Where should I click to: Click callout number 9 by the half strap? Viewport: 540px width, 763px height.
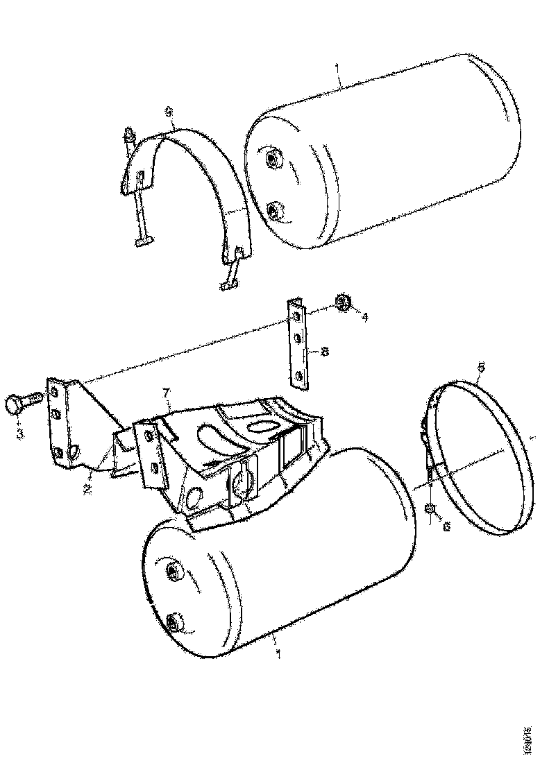[168, 112]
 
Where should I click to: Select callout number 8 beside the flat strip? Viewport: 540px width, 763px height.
[324, 352]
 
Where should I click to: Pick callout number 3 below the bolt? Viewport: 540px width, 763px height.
[20, 434]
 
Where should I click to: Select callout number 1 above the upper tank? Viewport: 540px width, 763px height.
[338, 69]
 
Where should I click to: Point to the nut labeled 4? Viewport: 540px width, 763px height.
[343, 302]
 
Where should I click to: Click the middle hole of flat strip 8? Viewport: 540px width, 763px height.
[296, 340]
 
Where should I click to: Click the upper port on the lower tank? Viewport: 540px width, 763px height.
[171, 573]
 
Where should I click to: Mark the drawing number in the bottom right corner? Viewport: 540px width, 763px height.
[530, 739]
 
